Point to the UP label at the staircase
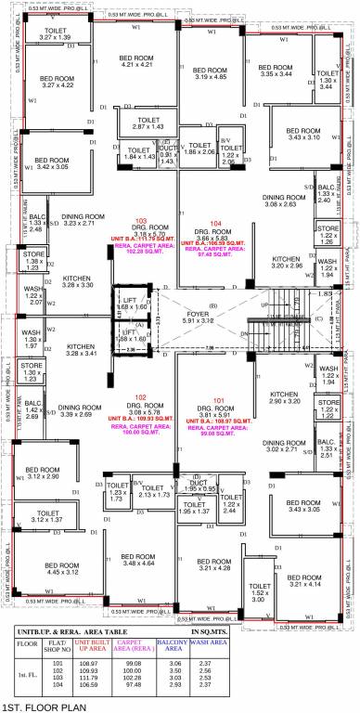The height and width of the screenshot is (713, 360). pyautogui.click(x=263, y=305)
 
